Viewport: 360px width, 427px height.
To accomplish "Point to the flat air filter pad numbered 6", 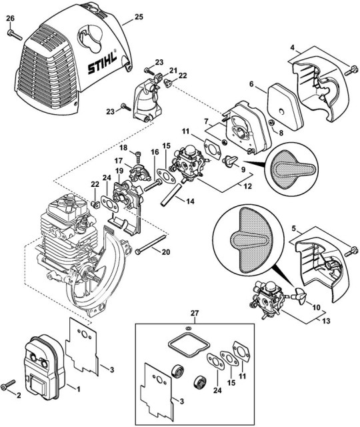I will pos(285,103).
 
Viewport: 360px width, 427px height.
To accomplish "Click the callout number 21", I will pos(172,70).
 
